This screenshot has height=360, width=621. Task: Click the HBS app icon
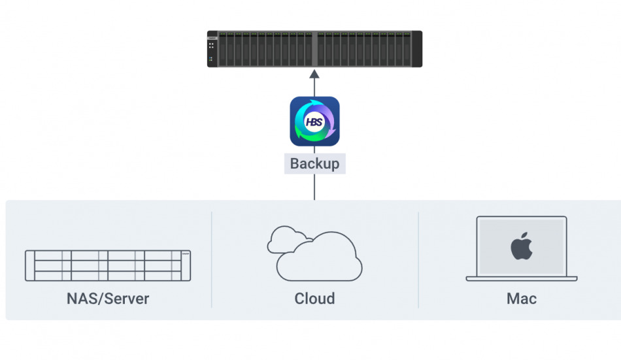(x=314, y=121)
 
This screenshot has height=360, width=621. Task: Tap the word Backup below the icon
(x=314, y=163)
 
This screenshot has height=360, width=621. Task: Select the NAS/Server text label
(x=108, y=299)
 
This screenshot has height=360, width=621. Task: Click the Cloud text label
(x=314, y=299)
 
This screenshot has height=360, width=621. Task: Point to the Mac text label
(x=521, y=299)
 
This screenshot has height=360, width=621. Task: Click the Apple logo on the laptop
(x=521, y=248)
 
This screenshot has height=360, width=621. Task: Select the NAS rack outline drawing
(x=108, y=265)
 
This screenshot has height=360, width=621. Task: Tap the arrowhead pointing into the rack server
(x=314, y=73)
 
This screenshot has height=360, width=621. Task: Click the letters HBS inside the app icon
(x=314, y=122)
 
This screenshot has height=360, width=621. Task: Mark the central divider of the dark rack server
(x=314, y=49)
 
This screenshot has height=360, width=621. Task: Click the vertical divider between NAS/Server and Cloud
(x=212, y=259)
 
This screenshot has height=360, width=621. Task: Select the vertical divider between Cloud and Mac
(x=418, y=259)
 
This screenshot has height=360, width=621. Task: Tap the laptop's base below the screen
(x=521, y=279)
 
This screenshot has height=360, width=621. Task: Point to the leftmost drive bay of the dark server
(x=223, y=49)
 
